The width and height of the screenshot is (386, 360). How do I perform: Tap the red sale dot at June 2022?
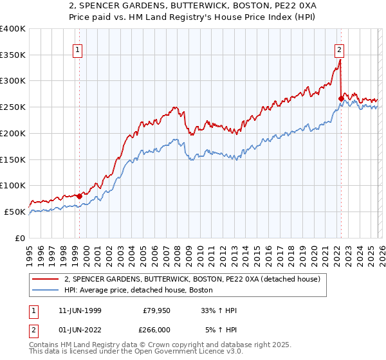[340, 98]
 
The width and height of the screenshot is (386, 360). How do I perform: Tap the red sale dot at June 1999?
[79, 196]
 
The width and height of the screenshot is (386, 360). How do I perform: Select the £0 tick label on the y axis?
[20, 238]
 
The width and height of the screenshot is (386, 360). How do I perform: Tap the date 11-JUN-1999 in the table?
[76, 310]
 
